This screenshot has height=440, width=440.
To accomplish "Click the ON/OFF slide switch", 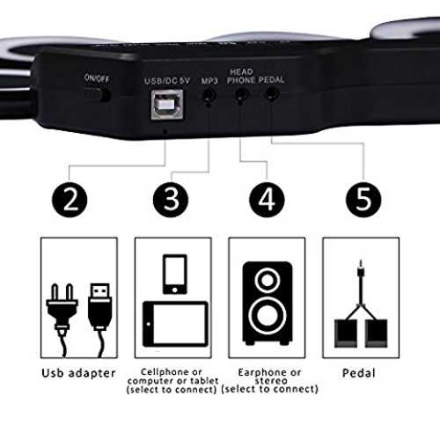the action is point(98,94).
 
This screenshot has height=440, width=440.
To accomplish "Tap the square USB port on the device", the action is point(167,105).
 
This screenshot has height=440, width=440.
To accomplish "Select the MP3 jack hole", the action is point(209,96).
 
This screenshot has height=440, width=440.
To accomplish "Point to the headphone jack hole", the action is point(241,94).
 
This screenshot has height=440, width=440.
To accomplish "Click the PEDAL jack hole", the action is point(272,94).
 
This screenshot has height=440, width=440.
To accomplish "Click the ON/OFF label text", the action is point(97,78).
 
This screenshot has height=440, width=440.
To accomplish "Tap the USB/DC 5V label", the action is point(167,81).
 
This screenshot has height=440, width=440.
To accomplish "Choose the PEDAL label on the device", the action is point(272,80).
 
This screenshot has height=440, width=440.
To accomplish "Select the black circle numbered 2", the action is point(70,200).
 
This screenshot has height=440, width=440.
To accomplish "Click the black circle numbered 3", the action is point(171,200).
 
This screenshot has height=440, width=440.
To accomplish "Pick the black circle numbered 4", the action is point(267,200).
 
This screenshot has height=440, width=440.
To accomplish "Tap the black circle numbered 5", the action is point(363,200).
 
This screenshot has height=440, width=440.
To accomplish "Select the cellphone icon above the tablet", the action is point(175,274).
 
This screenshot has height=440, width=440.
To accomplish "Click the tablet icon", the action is point(175,324).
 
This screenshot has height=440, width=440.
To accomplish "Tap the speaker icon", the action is point(268,304).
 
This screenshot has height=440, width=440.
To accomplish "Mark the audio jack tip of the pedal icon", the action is point(361,261).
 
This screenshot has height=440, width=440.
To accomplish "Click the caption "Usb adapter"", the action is point(78,373).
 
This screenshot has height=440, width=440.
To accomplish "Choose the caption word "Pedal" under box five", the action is point(359,373).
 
